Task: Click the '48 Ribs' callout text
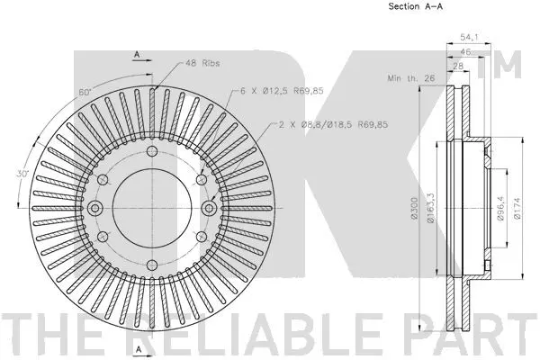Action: point(203,63)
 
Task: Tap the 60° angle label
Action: point(85,93)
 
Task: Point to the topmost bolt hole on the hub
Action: point(152,151)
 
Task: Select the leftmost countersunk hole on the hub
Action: point(94,208)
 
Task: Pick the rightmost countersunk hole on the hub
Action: point(210,208)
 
